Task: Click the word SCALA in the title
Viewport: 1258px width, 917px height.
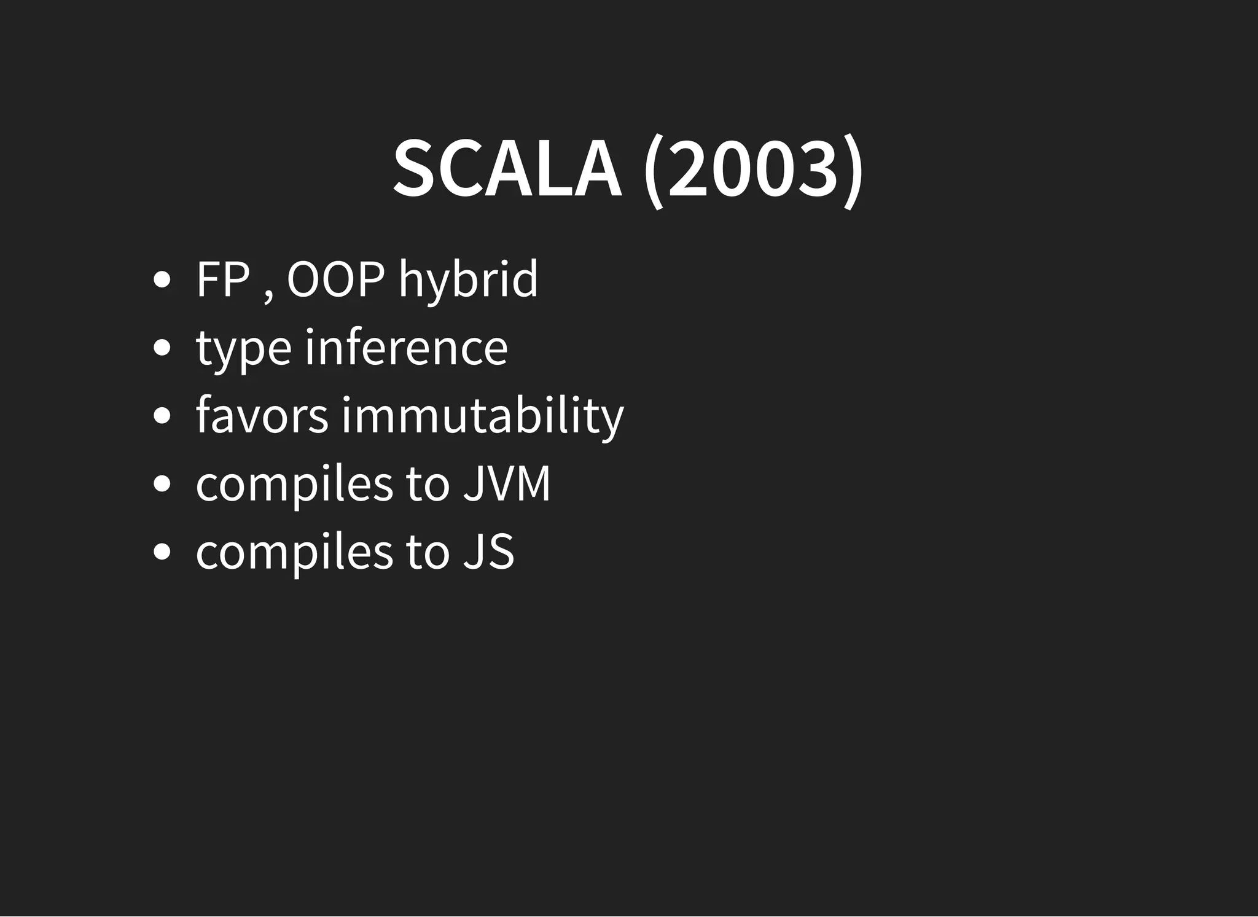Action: [x=507, y=170]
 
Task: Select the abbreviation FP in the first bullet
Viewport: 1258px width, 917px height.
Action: [x=223, y=279]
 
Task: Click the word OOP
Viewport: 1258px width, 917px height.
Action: [x=336, y=279]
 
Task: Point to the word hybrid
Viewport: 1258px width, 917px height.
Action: [x=468, y=281]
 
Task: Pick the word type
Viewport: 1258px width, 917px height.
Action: [x=243, y=349]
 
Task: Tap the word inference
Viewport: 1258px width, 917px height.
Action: [x=406, y=348]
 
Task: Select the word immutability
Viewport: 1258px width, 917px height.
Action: [x=483, y=416]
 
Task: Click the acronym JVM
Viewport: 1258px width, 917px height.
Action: [x=507, y=484]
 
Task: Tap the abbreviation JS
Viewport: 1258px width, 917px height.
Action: [x=488, y=552]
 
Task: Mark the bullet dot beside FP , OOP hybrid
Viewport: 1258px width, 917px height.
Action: [x=162, y=280]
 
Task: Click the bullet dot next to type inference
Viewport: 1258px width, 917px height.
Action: [x=162, y=348]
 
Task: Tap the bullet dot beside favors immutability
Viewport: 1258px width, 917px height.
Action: [x=162, y=416]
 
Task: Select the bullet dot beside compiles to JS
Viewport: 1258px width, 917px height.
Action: [x=162, y=552]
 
